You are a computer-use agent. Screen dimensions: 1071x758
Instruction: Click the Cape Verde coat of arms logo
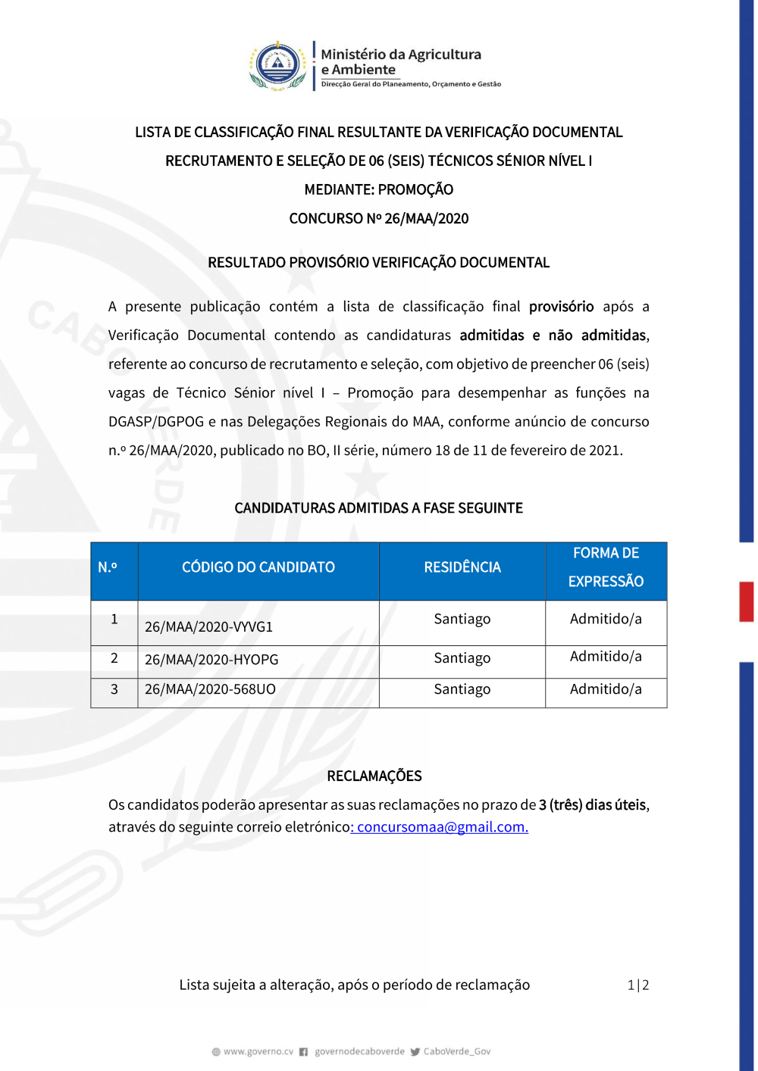tap(278, 66)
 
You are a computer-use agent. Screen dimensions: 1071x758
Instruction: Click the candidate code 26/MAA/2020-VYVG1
tap(208, 627)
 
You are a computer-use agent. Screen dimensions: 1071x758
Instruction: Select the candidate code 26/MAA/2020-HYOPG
tap(211, 660)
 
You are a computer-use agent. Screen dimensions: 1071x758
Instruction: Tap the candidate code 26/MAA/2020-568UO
tap(210, 689)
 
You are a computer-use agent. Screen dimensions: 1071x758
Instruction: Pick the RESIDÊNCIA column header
tap(462, 567)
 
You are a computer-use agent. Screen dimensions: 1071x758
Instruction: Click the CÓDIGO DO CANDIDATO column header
tap(258, 567)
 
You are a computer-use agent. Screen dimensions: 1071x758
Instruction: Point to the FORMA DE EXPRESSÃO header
tap(606, 567)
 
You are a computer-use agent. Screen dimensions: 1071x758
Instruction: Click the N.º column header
tap(108, 567)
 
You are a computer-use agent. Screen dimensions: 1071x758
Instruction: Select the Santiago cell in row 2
tap(462, 658)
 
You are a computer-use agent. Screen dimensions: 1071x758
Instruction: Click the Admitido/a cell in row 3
tap(606, 689)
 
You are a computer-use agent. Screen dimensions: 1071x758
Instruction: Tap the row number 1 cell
tap(114, 619)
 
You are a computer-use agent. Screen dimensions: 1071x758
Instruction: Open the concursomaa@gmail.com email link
tap(443, 827)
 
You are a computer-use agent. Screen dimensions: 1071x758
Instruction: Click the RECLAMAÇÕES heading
tap(374, 776)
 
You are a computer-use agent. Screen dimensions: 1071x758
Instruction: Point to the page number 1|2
tap(638, 985)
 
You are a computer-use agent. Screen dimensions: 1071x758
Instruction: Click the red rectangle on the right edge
tap(747, 601)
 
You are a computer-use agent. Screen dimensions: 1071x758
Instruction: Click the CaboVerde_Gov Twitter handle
tap(456, 1051)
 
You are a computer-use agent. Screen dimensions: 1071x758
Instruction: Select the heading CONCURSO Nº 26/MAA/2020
tap(379, 219)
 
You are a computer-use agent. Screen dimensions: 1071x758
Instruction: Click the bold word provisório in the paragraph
tap(561, 307)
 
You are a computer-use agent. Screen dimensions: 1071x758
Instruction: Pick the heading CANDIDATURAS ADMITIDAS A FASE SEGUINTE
tap(379, 508)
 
